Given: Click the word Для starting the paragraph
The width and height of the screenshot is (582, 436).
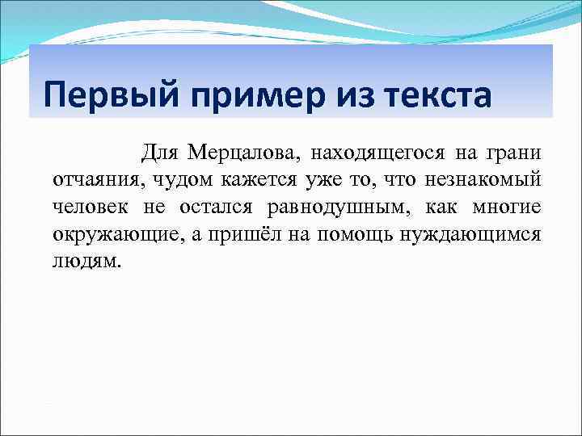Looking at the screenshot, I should click(159, 153).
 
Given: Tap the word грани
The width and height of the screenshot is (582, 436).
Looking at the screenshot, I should click(515, 153).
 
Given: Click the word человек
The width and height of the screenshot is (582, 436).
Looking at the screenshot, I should click(89, 208).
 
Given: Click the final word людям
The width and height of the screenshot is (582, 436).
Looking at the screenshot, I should click(86, 262).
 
